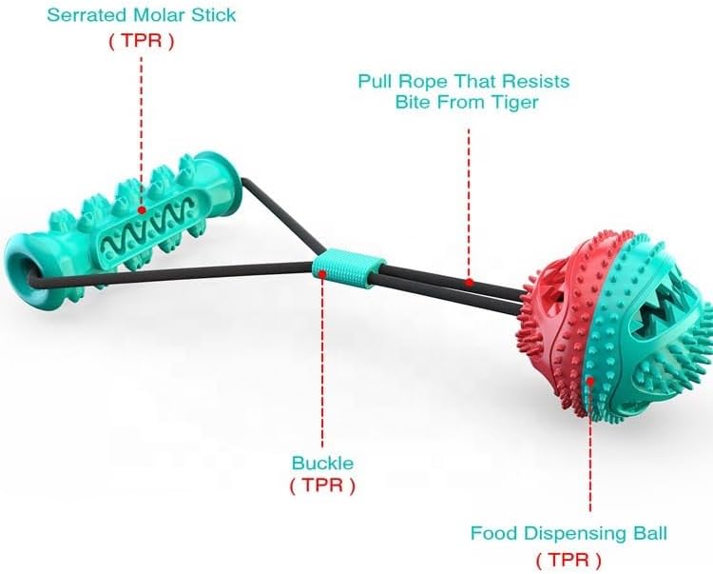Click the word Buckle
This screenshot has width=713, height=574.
pyautogui.click(x=322, y=464)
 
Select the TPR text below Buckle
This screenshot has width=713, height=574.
pyautogui.click(x=322, y=485)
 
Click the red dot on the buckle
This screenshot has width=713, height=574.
pyautogui.click(x=323, y=273)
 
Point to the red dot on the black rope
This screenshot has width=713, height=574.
pyautogui.click(x=469, y=283)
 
